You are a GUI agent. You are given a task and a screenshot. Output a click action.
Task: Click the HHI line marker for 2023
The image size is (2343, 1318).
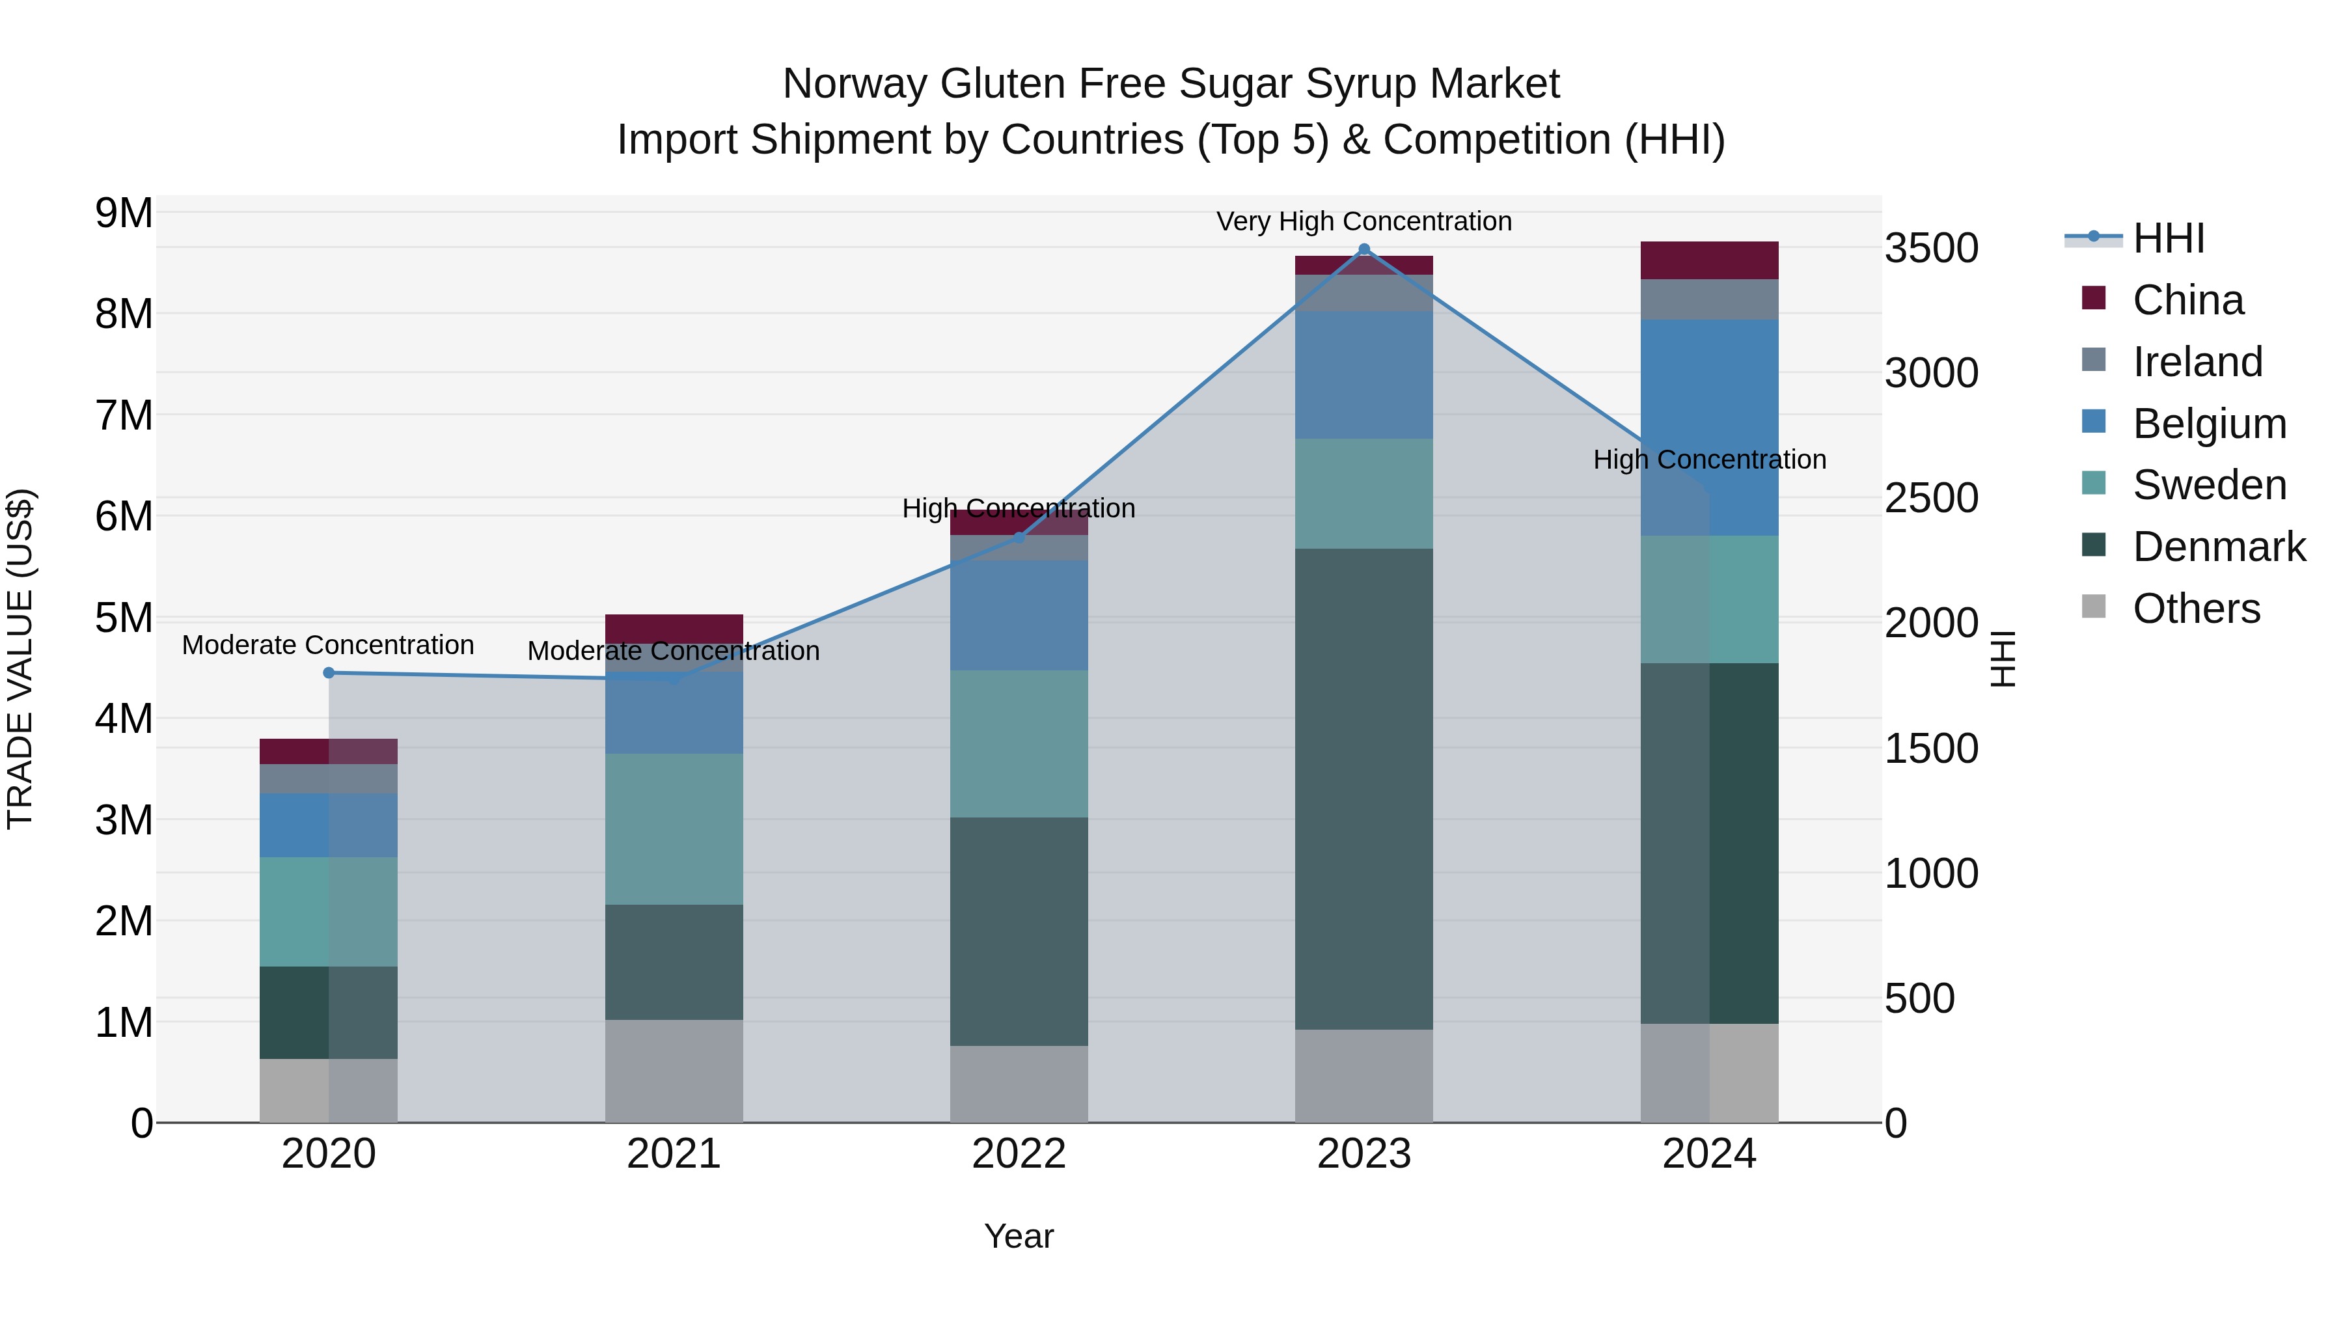[1363, 249]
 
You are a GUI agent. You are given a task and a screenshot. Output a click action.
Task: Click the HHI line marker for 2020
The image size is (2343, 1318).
[329, 673]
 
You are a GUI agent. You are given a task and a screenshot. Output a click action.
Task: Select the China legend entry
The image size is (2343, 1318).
[2187, 300]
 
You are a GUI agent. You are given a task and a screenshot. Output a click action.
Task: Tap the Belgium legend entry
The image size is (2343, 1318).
[2208, 424]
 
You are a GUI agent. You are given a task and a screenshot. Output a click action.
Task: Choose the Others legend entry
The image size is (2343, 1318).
[2196, 609]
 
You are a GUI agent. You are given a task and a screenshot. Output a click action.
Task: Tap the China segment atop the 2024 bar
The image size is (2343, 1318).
[1709, 260]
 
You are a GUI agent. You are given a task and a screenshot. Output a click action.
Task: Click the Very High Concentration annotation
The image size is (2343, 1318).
[1363, 222]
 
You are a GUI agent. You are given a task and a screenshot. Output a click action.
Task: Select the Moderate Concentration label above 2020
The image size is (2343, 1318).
[329, 645]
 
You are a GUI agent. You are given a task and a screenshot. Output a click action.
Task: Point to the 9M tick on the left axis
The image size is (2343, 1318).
[124, 213]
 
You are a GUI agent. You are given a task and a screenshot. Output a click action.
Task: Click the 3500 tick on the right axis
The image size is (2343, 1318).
[1931, 249]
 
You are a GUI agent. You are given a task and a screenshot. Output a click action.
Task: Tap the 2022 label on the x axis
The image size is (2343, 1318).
[1019, 1154]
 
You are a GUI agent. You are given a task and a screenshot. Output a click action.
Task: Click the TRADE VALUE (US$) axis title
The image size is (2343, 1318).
[20, 659]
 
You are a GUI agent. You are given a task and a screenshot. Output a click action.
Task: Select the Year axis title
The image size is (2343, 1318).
[1019, 1236]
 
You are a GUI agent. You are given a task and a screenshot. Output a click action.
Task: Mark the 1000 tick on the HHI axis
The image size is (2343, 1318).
[1931, 873]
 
